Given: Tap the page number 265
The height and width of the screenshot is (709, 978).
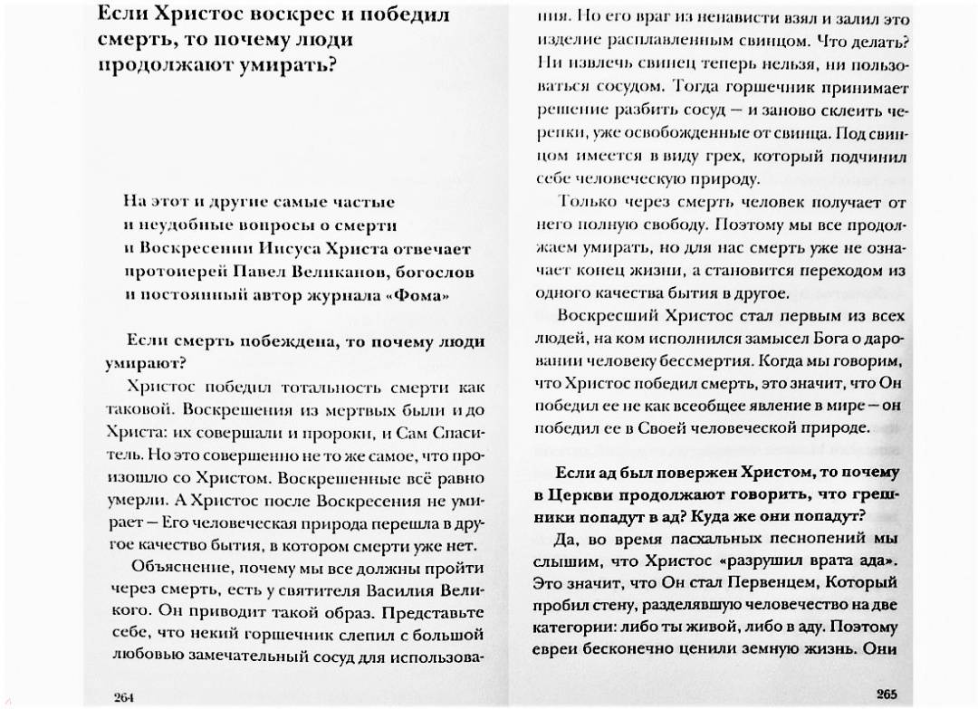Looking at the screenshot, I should [x=886, y=694].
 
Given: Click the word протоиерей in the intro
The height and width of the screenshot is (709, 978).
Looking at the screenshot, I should [x=170, y=272].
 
